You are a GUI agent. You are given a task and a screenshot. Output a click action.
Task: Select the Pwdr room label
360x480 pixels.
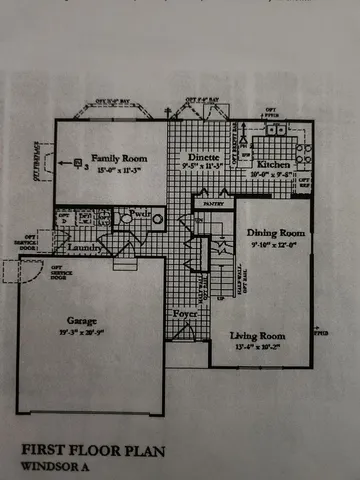(140, 215)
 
